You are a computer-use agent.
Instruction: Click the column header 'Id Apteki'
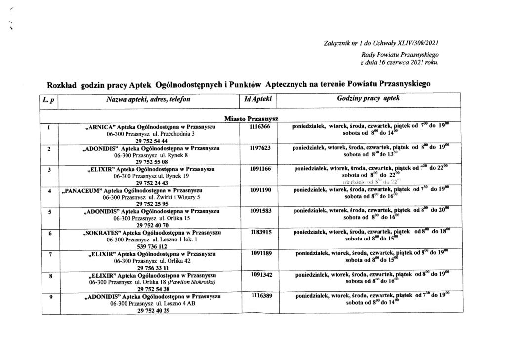click(255, 99)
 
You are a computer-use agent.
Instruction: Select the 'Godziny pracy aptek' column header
click(368, 99)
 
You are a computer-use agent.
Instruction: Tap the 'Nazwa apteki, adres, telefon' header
click(148, 99)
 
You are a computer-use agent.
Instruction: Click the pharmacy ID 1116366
click(255, 126)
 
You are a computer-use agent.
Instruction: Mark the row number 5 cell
click(49, 211)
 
